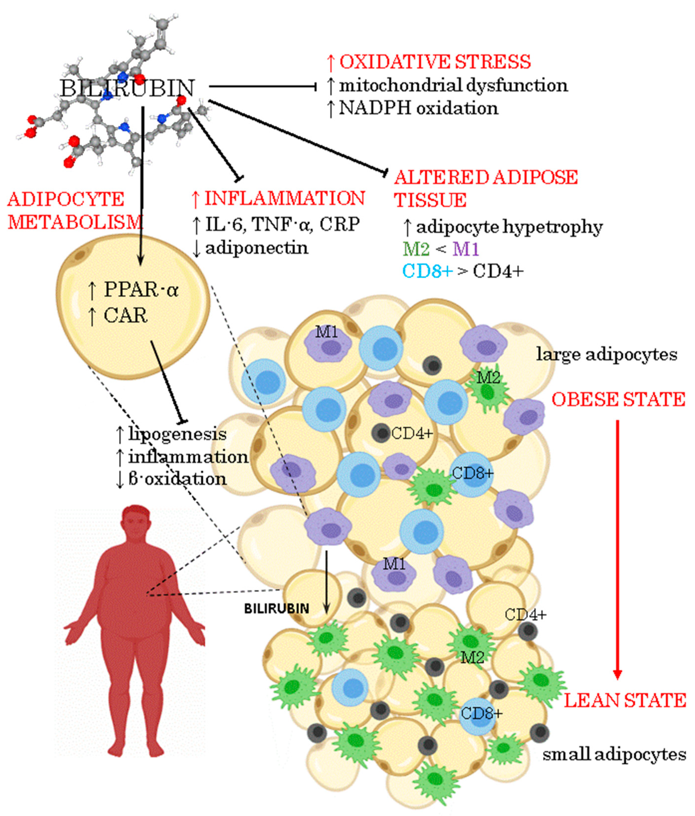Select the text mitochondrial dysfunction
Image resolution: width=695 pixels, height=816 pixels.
click(x=453, y=85)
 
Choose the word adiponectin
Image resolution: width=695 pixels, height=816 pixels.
click(x=257, y=248)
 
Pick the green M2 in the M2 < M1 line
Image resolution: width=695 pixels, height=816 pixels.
click(x=416, y=249)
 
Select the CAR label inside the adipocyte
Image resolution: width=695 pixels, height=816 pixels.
click(x=125, y=315)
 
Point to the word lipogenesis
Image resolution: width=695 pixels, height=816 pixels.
click(x=177, y=434)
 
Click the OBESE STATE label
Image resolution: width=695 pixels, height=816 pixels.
click(x=618, y=399)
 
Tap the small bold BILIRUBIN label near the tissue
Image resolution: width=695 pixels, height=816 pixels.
click(x=276, y=609)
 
